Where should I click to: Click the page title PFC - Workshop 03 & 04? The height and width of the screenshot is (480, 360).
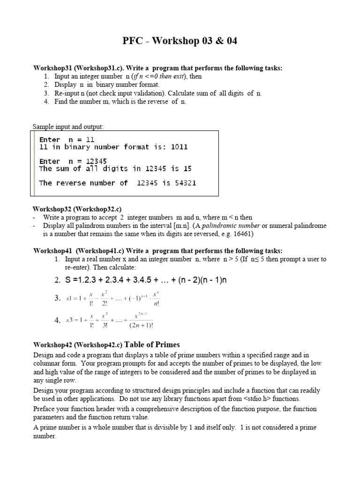180,41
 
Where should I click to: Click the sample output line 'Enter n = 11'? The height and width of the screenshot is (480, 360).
67,140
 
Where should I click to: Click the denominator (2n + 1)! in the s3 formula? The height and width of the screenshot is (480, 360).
141,325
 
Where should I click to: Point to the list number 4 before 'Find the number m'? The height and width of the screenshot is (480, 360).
46,102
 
